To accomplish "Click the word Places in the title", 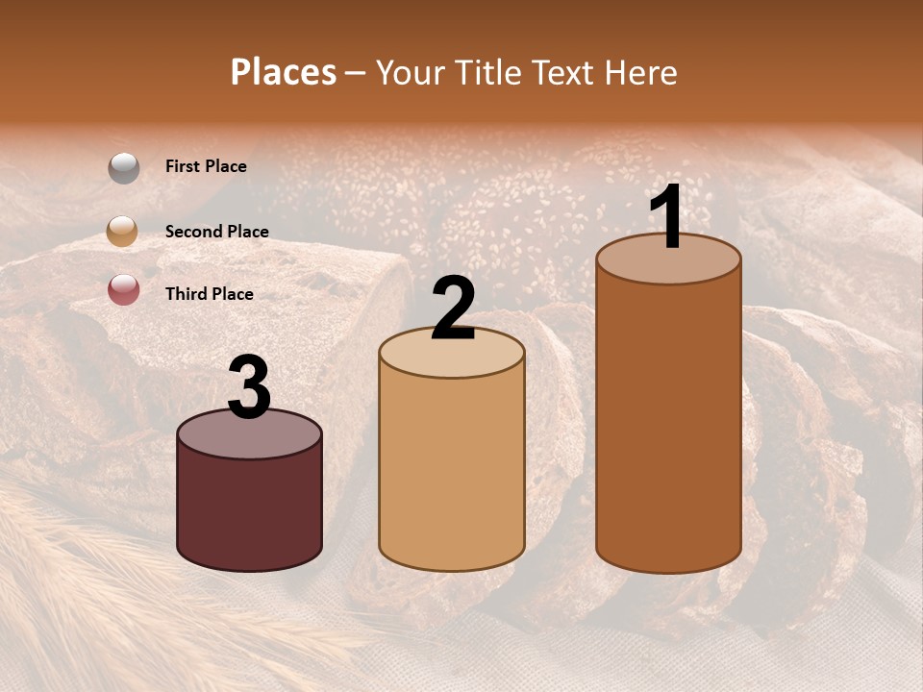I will (284, 72).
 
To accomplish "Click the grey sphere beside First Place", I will (124, 168).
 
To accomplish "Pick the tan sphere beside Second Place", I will (123, 231).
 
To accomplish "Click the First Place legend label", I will (206, 166).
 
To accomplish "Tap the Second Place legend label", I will (216, 232).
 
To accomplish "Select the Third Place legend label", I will (209, 294).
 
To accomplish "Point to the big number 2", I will (454, 309).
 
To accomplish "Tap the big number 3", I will (250, 388).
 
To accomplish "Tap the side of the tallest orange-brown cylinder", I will (669, 423).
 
